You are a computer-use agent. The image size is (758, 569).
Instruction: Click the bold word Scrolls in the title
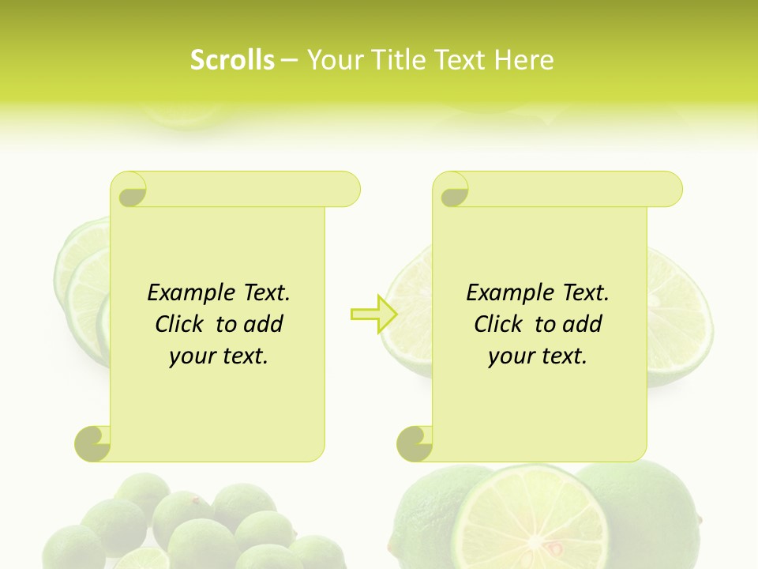[232, 59]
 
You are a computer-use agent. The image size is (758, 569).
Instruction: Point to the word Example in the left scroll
[189, 293]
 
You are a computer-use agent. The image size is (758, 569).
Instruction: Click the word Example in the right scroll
[508, 293]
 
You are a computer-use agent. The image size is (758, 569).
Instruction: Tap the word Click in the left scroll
[181, 324]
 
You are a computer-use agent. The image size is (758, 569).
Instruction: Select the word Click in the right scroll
[500, 324]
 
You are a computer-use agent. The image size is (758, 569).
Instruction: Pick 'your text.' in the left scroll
[219, 356]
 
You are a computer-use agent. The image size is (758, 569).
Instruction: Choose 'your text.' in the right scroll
[538, 356]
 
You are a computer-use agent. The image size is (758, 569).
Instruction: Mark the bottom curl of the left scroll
[93, 443]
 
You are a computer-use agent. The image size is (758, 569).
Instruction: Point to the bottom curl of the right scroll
[415, 443]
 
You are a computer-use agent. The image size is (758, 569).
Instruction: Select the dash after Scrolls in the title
[290, 59]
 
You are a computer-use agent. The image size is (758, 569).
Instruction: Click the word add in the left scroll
[263, 324]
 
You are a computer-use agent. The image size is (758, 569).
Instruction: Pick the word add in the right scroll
[582, 324]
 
